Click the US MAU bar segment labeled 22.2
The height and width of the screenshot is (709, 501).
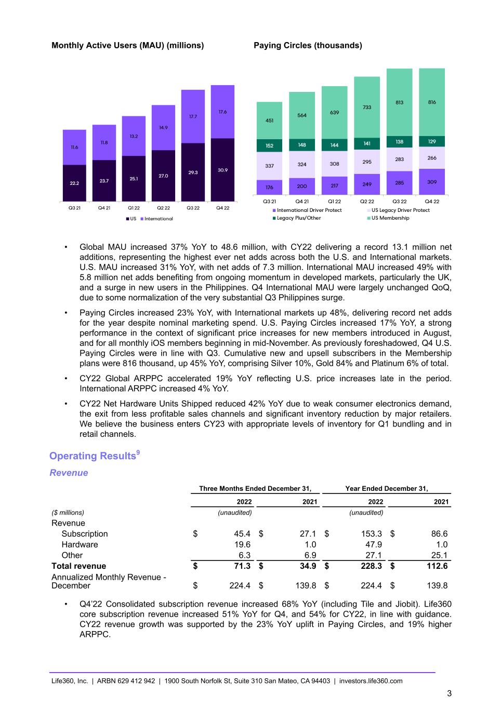pos(74,183)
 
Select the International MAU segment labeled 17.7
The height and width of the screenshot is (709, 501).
pos(193,117)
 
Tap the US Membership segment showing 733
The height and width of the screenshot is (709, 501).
pos(367,107)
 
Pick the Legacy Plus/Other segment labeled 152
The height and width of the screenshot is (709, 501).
pos(269,146)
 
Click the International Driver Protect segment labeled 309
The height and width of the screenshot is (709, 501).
pos(432,182)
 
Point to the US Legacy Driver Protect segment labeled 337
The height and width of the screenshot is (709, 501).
pos(269,166)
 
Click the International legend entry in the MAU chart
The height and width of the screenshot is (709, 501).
pos(159,219)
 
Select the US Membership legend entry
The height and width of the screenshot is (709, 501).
pos(390,218)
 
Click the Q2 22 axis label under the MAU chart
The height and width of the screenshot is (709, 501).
pos(163,208)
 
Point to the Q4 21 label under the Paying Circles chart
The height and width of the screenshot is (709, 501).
pos(302,202)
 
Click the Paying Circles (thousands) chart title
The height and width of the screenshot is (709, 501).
pos(308,46)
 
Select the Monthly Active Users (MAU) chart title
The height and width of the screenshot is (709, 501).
pos(127,46)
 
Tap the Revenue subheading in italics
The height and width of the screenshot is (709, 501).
pos(69,473)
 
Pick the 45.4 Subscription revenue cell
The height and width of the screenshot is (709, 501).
pos(242,534)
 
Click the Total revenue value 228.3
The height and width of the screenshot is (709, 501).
pos(372,566)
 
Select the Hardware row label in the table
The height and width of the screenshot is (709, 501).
pos(80,544)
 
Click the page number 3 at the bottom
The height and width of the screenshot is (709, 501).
pos(449,693)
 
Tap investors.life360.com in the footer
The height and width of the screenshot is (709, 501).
pos(371,681)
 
